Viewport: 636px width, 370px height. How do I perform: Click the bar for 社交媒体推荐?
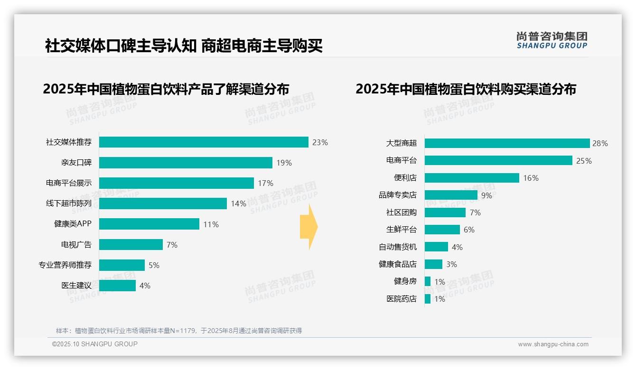(204, 142)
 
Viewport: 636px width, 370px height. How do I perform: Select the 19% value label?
(284, 163)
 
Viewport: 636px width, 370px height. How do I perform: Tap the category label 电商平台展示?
(69, 183)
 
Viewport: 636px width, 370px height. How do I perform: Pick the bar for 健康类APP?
(149, 224)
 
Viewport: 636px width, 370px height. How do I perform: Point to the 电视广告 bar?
(131, 245)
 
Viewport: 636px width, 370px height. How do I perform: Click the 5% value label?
(154, 265)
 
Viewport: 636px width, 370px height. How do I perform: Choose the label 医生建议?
(76, 286)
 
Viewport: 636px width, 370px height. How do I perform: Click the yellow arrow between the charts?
(309, 227)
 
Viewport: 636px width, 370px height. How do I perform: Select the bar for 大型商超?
(507, 143)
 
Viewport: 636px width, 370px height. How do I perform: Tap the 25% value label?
(584, 161)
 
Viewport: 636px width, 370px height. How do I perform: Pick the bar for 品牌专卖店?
(451, 195)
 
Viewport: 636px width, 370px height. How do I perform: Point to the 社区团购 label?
(401, 213)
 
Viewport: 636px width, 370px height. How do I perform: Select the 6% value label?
(469, 230)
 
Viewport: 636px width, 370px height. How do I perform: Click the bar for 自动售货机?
(436, 247)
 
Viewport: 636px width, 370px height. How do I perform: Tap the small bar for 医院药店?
(428, 299)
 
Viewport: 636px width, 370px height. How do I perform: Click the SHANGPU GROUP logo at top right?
(552, 40)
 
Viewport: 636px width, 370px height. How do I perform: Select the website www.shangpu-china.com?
(553, 344)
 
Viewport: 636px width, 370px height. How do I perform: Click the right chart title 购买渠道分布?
(466, 89)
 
